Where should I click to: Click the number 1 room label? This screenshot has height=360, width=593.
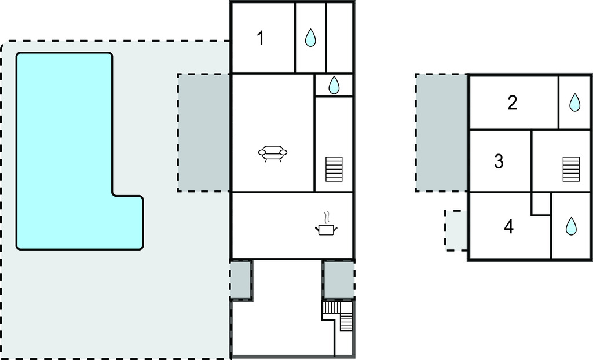tap(260, 38)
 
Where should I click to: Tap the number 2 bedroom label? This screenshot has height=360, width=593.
tap(512, 102)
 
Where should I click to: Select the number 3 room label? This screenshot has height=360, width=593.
tap(499, 161)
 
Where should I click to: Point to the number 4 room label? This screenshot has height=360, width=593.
tap(508, 226)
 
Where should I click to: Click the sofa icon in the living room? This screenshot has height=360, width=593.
tap(272, 154)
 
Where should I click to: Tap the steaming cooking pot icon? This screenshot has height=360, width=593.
tap(326, 224)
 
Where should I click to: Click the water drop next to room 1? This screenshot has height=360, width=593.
tap(310, 38)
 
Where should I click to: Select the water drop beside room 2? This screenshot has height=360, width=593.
tap(574, 102)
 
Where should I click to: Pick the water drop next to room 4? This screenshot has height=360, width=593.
tap(571, 226)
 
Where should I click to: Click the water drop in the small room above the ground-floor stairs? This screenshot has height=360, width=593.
tap(334, 85)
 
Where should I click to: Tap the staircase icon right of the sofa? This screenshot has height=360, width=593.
tap(334, 170)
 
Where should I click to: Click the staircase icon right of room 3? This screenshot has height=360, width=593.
tap(571, 170)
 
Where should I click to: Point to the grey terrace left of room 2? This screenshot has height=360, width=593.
tap(442, 133)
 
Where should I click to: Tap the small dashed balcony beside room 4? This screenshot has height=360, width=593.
tap(456, 230)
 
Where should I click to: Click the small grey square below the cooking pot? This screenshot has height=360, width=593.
tap(339, 280)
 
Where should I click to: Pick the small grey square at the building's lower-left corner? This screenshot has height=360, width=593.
tap(241, 280)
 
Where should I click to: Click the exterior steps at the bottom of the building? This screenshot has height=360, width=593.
tap(338, 315)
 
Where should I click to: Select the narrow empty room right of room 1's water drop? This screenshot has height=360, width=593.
tap(339, 38)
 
